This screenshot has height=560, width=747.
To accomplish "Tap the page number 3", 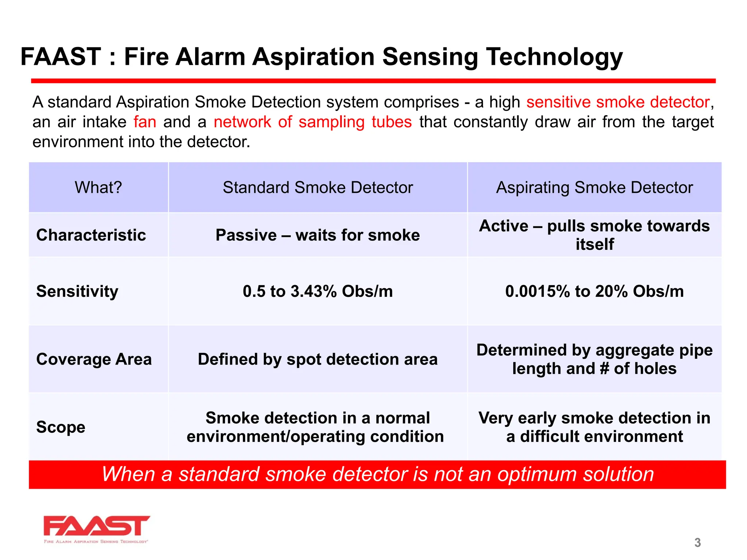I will tap(697, 542).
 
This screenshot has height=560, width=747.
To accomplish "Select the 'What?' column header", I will tap(98, 187).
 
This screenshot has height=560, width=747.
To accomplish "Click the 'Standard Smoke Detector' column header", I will tap(318, 187).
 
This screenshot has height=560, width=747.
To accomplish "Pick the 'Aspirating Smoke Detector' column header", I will tap(594, 187).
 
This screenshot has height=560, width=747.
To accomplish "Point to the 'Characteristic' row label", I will tap(91, 235).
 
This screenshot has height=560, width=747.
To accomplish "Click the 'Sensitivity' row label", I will tap(77, 291).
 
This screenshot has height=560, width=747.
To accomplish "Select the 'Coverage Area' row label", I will tap(94, 359).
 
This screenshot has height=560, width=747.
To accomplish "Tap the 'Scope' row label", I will tap(61, 427).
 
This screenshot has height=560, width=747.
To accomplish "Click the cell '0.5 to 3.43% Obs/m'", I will tap(318, 291).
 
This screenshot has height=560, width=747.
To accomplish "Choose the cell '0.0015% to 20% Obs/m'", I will tap(594, 291).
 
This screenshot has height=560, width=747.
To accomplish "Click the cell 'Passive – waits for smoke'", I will tap(318, 235).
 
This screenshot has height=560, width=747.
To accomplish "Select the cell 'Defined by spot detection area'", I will tap(318, 359).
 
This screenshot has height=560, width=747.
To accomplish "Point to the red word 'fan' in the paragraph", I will tap(145, 122).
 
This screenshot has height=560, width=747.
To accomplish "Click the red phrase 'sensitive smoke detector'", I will tap(618, 102).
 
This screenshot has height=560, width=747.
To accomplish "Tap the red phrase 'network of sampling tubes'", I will tap(313, 122).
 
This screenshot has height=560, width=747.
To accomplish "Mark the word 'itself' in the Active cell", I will tap(595, 244).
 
